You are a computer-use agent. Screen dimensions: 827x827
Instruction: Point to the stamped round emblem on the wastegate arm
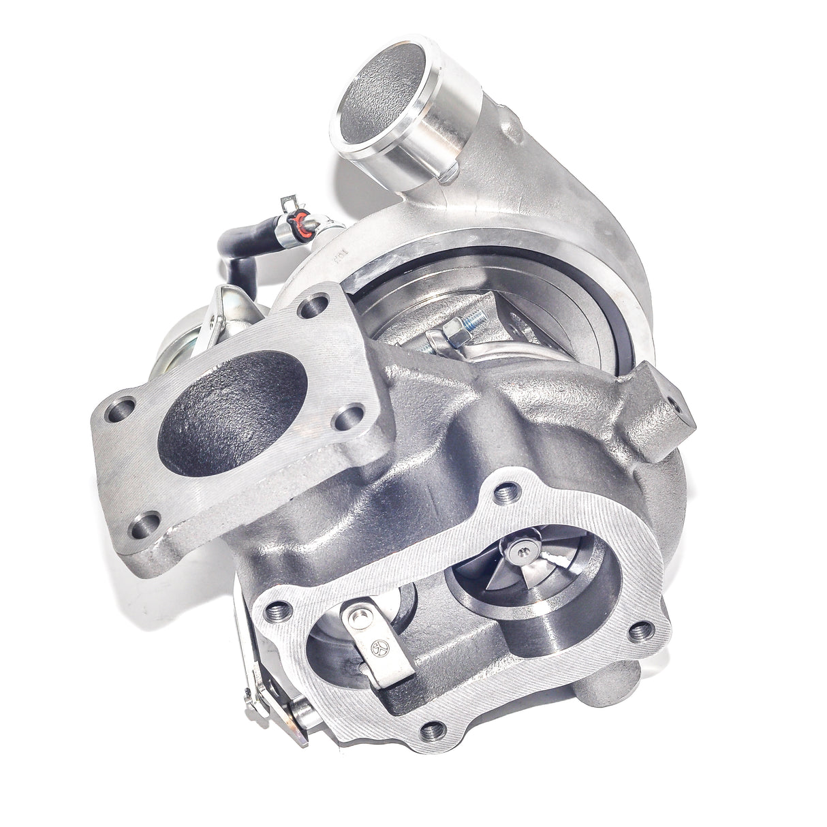pyautogui.click(x=379, y=643)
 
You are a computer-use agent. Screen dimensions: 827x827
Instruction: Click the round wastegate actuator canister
pyautogui.click(x=179, y=341)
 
